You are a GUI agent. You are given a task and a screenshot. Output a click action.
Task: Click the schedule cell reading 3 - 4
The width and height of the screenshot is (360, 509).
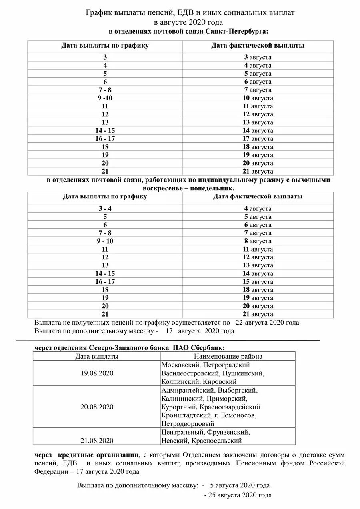pos(105,208)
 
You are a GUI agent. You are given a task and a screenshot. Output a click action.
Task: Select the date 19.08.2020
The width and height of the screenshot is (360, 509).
pos(97,373)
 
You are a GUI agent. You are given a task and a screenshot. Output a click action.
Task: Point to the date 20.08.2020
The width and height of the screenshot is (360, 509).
pos(97,407)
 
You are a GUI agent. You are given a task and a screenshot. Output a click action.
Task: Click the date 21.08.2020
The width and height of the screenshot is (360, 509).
pos(97,441)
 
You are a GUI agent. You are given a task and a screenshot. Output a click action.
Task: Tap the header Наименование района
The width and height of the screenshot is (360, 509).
pos(228,356)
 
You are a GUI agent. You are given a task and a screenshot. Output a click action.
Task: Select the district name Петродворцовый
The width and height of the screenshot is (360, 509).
pos(188,423)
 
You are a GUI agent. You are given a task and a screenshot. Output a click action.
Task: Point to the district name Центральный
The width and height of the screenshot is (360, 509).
pos(183,432)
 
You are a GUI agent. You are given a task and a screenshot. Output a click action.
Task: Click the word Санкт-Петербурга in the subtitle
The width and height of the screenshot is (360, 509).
pos(236,31)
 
